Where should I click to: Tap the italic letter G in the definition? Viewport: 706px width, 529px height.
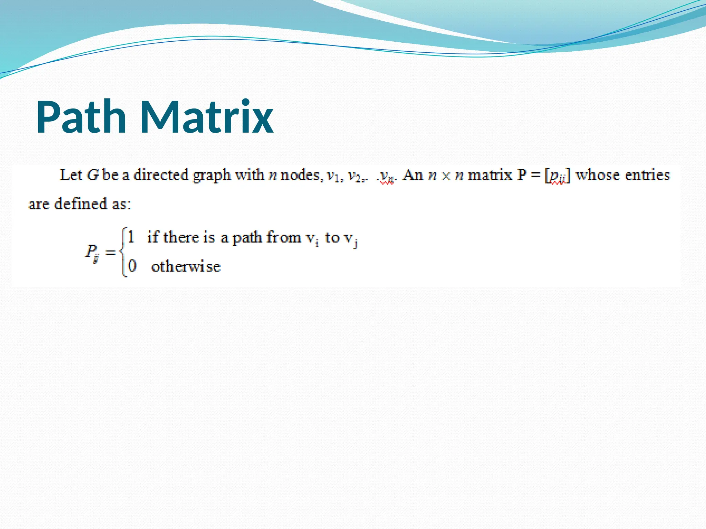click(93, 175)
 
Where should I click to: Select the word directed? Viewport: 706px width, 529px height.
click(161, 175)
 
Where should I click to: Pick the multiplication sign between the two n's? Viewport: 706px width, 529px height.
click(446, 176)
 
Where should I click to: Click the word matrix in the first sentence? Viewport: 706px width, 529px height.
click(490, 175)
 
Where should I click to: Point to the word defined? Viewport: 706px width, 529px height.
click(81, 204)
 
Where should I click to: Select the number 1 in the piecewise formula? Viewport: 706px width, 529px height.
click(131, 237)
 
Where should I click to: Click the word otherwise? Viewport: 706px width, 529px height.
click(186, 267)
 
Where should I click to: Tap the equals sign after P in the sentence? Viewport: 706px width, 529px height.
click(535, 175)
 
